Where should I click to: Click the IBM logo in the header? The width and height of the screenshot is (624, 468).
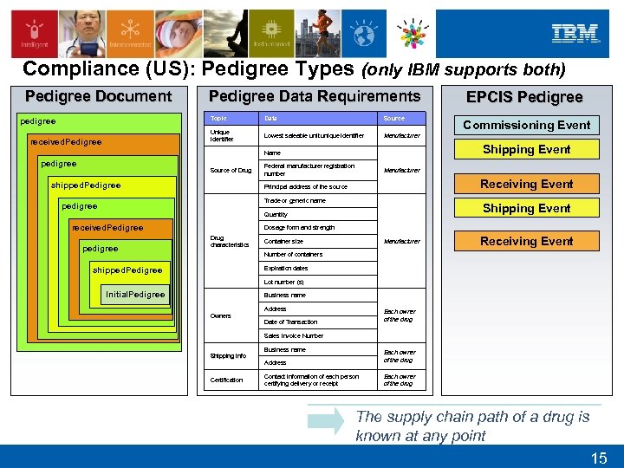[575, 34]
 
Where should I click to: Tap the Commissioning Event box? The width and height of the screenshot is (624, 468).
[526, 125]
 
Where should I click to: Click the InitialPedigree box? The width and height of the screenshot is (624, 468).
[135, 294]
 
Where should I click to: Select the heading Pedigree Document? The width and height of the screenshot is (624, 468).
[98, 96]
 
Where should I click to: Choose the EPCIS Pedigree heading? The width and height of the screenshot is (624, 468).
[524, 97]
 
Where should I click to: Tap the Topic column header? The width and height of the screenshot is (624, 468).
[218, 118]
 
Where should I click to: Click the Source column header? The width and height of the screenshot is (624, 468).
[393, 118]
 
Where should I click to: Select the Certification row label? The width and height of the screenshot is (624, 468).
[226, 380]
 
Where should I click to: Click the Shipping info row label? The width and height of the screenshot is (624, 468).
[228, 355]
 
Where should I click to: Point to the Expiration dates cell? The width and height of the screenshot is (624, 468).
[285, 269]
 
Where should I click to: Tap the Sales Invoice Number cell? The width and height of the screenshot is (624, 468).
[293, 335]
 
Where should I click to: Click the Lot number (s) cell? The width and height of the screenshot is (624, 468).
[283, 282]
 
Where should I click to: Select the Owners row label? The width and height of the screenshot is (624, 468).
[220, 315]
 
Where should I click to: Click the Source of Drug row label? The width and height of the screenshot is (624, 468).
[231, 170]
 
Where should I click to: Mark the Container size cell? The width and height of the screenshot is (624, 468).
[283, 241]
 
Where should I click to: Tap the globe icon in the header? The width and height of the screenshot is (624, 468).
[364, 36]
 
